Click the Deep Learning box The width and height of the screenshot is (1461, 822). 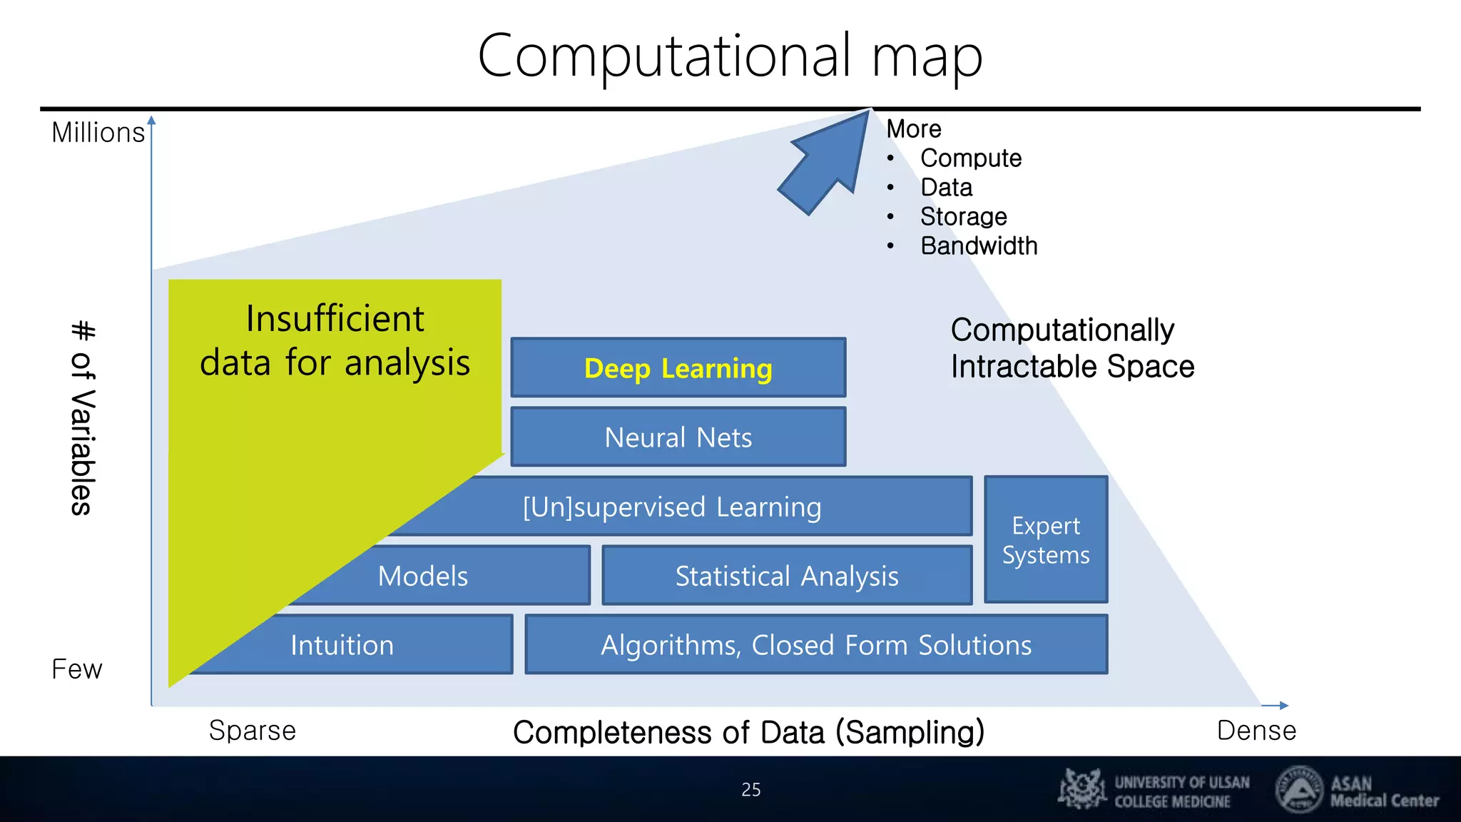click(x=678, y=368)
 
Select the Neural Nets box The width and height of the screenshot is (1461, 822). click(x=678, y=437)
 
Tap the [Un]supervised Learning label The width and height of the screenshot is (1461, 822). click(x=672, y=507)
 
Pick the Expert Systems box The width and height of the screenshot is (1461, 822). click(x=1046, y=540)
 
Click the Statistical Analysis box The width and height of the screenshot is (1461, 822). click(x=787, y=576)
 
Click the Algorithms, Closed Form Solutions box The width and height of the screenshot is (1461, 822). click(x=816, y=645)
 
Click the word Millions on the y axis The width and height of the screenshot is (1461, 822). click(x=98, y=133)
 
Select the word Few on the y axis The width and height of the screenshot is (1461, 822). click(x=76, y=669)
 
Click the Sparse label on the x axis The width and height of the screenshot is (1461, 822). click(x=252, y=731)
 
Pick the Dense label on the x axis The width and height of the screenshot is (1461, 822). click(x=1256, y=731)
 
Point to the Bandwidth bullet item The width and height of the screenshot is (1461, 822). click(x=978, y=246)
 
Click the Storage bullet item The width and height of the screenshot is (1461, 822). click(x=963, y=217)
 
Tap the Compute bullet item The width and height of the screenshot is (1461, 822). click(x=970, y=158)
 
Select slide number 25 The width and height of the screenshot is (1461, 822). click(x=750, y=790)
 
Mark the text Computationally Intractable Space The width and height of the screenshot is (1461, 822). click(x=1071, y=348)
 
